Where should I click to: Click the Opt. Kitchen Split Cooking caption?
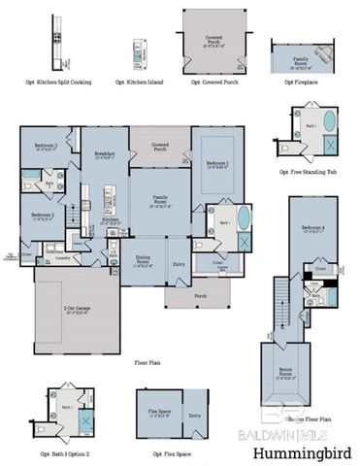[x=62, y=83]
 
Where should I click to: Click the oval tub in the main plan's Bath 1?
[x=241, y=216]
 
